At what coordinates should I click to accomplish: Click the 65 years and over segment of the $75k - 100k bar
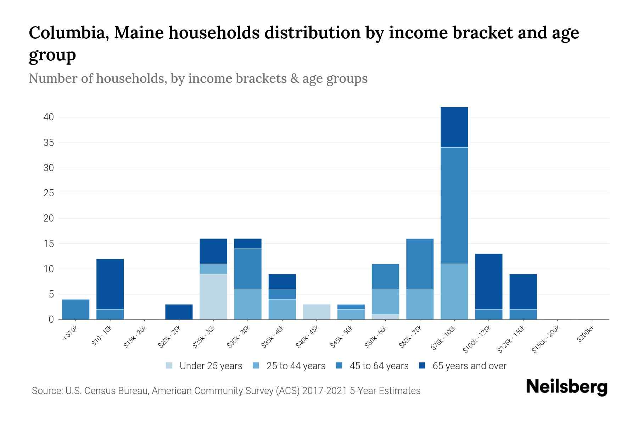[454, 127]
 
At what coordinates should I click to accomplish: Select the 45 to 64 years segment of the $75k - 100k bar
[454, 205]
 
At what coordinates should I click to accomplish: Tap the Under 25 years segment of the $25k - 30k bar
[213, 296]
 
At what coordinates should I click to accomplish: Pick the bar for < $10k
[75, 310]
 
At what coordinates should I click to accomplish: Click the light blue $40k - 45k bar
[317, 312]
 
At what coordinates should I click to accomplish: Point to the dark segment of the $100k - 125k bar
[488, 281]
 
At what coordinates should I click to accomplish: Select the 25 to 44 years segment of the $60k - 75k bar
[420, 304]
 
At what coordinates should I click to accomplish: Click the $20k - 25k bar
[179, 312]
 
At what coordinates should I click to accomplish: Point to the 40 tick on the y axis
[49, 117]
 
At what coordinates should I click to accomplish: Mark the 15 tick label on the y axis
[49, 244]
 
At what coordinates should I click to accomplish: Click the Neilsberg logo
[566, 387]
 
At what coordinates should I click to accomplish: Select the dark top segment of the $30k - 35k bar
[248, 244]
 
